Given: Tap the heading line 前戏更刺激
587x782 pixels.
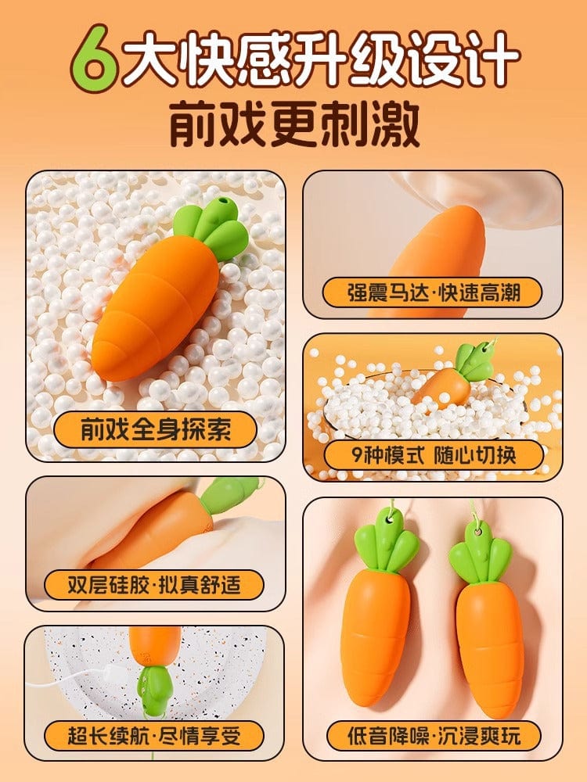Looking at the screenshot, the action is click(x=294, y=124).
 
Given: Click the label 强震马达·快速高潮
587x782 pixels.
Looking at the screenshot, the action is click(x=432, y=292).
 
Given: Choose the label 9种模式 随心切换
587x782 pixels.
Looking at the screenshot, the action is click(x=434, y=455).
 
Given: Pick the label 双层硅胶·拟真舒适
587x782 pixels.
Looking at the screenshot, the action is click(x=154, y=584).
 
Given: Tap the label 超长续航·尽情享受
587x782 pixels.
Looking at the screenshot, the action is click(x=154, y=736).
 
